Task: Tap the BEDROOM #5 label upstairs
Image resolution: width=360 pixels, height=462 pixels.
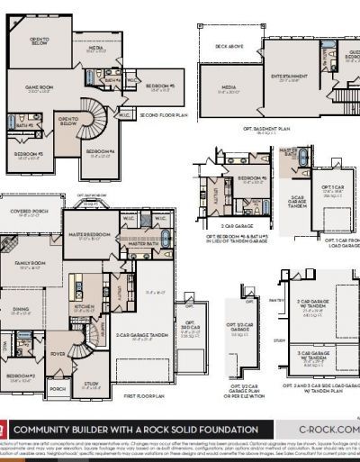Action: point(159,86)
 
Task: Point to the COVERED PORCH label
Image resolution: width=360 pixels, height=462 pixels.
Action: point(29,213)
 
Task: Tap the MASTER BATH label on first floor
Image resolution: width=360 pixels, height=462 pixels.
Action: point(143,243)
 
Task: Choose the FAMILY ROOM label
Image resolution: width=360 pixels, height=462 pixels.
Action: point(30,263)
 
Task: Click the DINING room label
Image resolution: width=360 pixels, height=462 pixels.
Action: point(20,311)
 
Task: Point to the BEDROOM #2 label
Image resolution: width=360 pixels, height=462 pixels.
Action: point(20,376)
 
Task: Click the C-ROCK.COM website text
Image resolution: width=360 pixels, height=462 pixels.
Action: point(328,430)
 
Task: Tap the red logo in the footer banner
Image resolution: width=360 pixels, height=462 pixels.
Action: point(4,430)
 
